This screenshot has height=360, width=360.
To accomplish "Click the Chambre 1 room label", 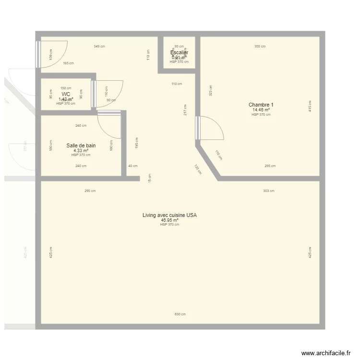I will pos(261,105).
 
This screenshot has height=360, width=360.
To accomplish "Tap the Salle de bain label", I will pos(81,145).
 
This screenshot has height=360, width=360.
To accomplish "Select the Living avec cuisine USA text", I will pos(169,216).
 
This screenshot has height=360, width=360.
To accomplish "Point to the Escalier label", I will pos(179,52).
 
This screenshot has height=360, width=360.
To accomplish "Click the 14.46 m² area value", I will pos(261,110).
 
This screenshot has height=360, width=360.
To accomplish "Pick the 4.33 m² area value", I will pos(81,150).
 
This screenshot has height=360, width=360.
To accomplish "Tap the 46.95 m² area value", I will pos(169,220).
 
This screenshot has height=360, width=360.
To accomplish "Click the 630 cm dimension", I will pos(180,314).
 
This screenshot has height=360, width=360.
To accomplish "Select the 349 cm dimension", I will pos(99,47).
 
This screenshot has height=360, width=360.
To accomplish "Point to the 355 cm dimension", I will pos(260,47).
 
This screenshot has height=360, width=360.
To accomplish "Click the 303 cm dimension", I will pos(269,191).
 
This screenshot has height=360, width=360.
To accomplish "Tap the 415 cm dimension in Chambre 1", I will pos(310,106).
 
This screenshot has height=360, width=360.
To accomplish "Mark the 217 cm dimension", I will pos(185,109).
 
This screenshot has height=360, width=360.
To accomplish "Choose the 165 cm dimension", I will pos(69,63).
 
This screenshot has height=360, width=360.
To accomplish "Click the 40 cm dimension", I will pos(132,166).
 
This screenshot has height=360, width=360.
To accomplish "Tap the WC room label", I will pos(66,95).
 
